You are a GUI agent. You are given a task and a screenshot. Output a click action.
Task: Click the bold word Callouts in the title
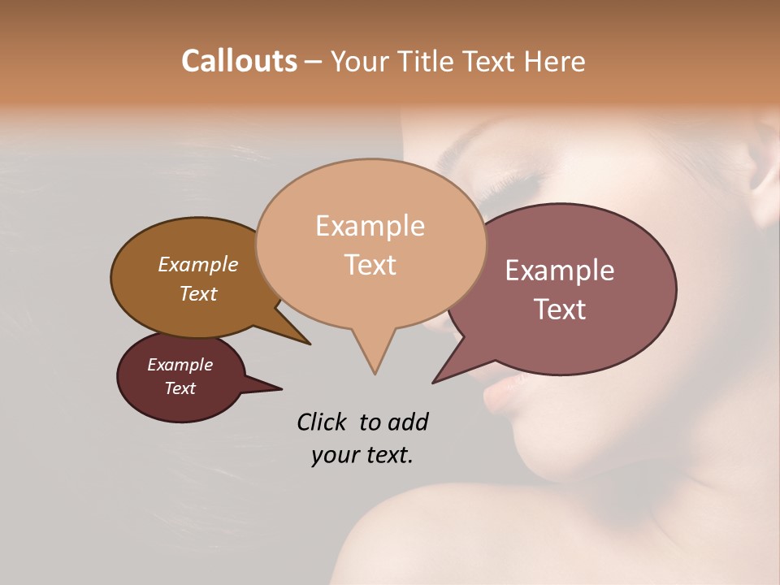point(239,61)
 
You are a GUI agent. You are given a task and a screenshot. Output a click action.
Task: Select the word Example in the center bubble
point(370,226)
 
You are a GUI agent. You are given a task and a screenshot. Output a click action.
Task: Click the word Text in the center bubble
point(370,265)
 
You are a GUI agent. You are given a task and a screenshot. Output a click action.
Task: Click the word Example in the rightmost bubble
point(560,271)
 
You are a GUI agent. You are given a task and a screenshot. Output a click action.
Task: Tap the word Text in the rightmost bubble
point(560,310)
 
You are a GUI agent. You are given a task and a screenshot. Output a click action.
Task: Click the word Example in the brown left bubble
point(197,265)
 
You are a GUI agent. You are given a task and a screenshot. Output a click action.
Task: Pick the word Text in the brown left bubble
point(197,293)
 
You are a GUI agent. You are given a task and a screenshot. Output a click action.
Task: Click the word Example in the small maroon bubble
point(180,365)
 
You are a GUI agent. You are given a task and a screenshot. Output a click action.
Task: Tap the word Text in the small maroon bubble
point(180,388)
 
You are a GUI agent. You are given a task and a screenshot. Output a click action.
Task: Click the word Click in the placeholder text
point(323,422)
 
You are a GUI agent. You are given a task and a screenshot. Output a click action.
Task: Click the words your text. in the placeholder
point(362,455)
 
